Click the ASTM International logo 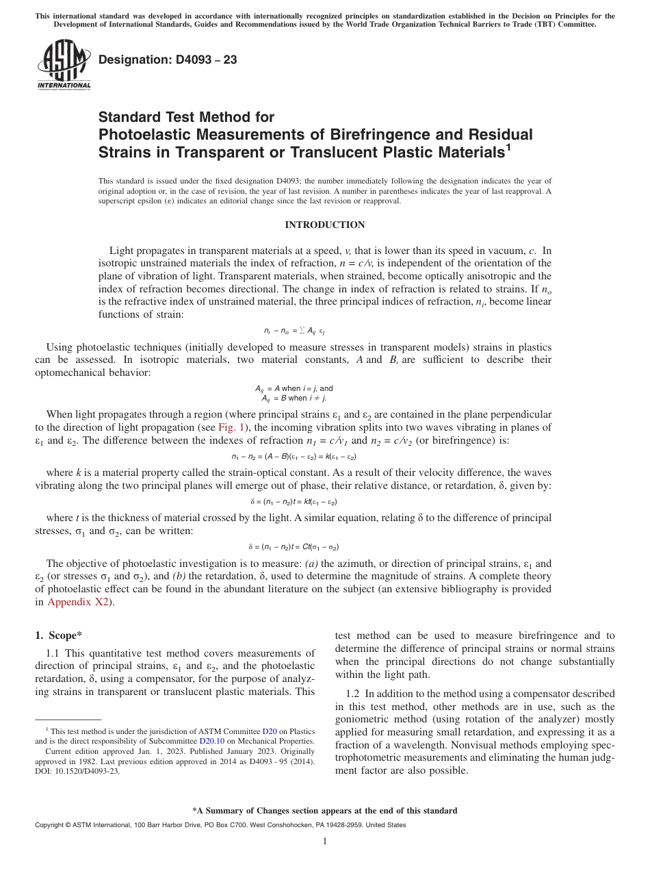63,65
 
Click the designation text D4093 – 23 168,60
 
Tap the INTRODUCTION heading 324,225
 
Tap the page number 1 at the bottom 324,842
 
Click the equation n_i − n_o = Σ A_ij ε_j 294,330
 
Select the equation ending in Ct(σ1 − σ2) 294,547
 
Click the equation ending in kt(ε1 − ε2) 294,502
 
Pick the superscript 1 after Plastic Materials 507,149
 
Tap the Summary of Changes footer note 324,811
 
